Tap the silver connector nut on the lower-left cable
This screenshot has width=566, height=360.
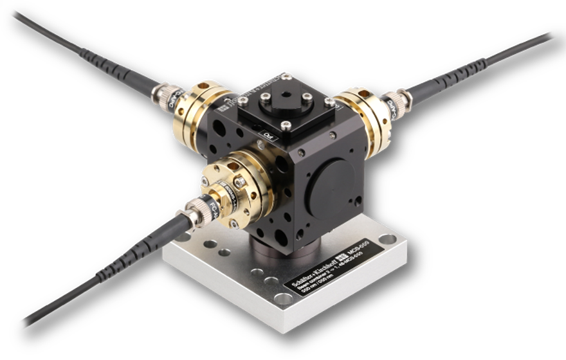[192, 213]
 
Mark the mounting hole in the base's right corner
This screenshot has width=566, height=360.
[387, 239]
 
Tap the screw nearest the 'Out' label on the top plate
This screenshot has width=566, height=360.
[286, 125]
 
